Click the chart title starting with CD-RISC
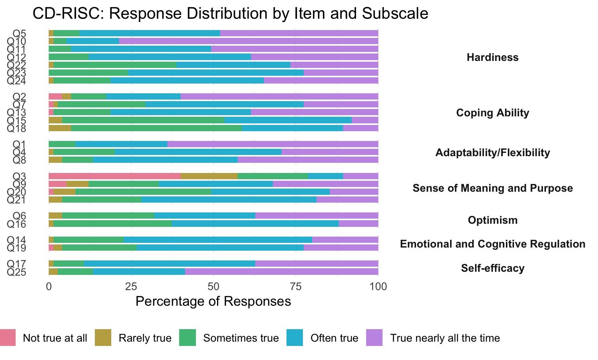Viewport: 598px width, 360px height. [x=230, y=14]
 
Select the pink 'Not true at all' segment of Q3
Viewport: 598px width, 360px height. [x=114, y=176]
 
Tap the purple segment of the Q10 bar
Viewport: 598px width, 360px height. [x=248, y=41]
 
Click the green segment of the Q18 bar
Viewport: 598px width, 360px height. [x=156, y=128]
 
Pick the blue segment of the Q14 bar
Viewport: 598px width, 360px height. [x=218, y=240]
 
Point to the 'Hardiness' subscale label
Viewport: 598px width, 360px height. [x=493, y=57]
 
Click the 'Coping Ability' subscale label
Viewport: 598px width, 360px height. [x=493, y=113]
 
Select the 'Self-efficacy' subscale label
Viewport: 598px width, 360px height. [x=493, y=268]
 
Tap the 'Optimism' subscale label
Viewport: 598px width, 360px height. [x=493, y=220]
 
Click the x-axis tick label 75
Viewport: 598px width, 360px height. [x=296, y=287]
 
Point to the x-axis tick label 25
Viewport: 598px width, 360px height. [x=131, y=287]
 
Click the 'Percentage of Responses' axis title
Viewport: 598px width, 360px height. [x=213, y=301]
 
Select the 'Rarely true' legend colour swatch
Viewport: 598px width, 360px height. [x=103, y=338]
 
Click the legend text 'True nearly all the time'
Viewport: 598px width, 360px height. [x=445, y=338]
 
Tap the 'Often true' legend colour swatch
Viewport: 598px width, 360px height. [x=295, y=338]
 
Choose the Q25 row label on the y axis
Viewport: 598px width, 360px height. [x=16, y=272]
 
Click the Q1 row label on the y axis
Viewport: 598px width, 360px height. [x=19, y=144]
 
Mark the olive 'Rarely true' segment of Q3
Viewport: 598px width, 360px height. [x=209, y=176]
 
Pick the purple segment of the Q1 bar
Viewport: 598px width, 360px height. [x=272, y=144]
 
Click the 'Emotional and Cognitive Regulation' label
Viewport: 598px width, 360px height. [x=493, y=244]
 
